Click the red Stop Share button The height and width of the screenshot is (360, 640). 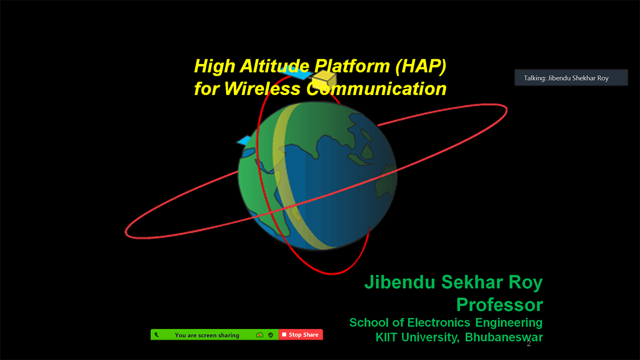tap(301, 334)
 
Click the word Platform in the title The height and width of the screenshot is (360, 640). tap(352, 66)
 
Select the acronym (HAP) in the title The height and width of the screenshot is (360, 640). tap(421, 66)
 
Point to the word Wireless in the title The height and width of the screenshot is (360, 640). tap(262, 89)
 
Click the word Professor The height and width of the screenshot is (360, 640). tap(499, 305)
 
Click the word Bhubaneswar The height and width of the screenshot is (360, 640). tap(503, 337)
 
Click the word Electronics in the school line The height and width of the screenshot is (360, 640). tap(438, 323)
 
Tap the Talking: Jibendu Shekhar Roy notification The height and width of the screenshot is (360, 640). tap(571, 78)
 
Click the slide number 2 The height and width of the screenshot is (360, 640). tap(529, 343)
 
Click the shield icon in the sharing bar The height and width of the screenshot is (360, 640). tap(270, 335)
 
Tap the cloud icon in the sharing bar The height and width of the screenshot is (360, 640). tap(259, 335)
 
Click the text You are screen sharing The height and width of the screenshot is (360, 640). tap(207, 335)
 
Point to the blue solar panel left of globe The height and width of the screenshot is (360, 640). tap(244, 140)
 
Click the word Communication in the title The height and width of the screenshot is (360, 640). tap(377, 89)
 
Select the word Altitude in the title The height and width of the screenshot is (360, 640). tap(275, 66)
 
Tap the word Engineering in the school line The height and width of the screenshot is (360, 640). tap(509, 323)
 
